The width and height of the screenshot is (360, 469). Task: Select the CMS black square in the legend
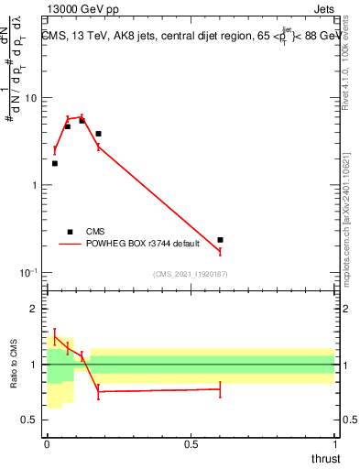pyautogui.click(x=69, y=232)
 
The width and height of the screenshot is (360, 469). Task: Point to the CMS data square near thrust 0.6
pyautogui.click(x=220, y=240)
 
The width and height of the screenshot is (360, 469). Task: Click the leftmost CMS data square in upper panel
pyautogui.click(x=55, y=163)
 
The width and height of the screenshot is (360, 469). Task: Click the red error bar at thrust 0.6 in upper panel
pyautogui.click(x=220, y=250)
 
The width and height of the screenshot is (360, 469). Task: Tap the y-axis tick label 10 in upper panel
pyautogui.click(x=31, y=98)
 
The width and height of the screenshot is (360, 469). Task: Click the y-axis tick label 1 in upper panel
pyautogui.click(x=34, y=185)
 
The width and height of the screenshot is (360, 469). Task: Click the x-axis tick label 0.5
pyautogui.click(x=191, y=443)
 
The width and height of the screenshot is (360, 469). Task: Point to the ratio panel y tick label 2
pyautogui.click(x=34, y=310)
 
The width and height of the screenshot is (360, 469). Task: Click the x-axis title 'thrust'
pyautogui.click(x=325, y=458)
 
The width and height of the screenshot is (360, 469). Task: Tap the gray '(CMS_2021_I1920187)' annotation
pyautogui.click(x=190, y=274)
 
